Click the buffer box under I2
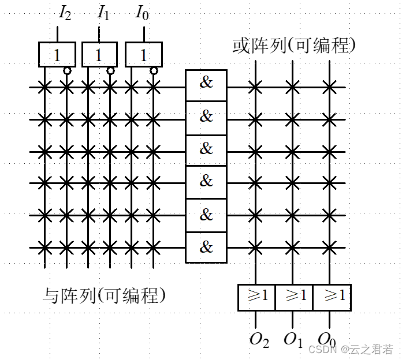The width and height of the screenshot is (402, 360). click(x=57, y=55)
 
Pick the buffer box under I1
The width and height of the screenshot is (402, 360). click(x=99, y=55)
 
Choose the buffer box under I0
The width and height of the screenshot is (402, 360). click(x=143, y=55)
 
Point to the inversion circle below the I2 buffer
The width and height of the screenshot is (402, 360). click(x=67, y=71)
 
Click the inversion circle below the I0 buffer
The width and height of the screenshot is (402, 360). click(x=153, y=71)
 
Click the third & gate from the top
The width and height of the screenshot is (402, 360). click(x=206, y=149)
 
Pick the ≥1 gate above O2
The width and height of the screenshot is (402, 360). click(x=256, y=297)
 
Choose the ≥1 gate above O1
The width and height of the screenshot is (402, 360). click(x=294, y=297)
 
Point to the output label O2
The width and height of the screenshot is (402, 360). click(x=259, y=340)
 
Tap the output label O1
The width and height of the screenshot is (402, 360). click(x=293, y=340)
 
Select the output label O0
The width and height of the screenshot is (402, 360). click(x=326, y=340)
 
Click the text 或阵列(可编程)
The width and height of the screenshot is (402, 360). click(x=293, y=45)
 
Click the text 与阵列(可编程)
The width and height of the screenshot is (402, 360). click(x=105, y=295)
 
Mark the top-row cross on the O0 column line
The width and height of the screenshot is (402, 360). click(x=329, y=88)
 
